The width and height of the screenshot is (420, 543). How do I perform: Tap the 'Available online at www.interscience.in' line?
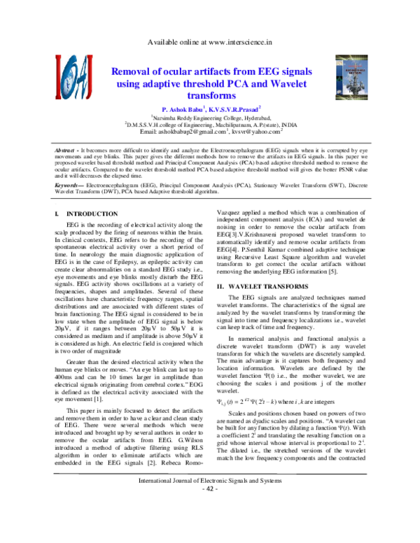pos(210,43)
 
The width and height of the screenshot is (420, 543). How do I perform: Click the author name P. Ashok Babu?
pos(183,111)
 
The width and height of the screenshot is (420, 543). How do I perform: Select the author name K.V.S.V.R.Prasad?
pos(235,111)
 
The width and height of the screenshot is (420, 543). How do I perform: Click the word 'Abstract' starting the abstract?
pos(66,151)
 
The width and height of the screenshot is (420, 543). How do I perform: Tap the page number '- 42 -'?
pos(211,528)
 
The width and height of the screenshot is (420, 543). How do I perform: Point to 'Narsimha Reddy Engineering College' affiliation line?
pos(211,118)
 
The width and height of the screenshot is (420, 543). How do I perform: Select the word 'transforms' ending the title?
pos(211,94)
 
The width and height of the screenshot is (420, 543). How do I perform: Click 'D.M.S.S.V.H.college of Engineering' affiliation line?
pos(210,125)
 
